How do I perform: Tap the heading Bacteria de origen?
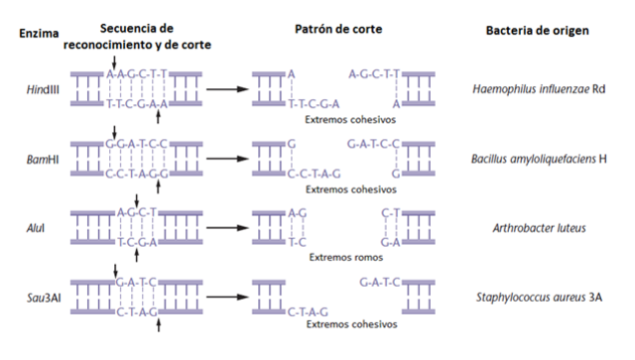coord(537,30)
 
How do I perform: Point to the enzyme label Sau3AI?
coord(42,296)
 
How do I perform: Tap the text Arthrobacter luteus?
coord(539,227)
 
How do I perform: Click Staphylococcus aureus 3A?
coord(539,296)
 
